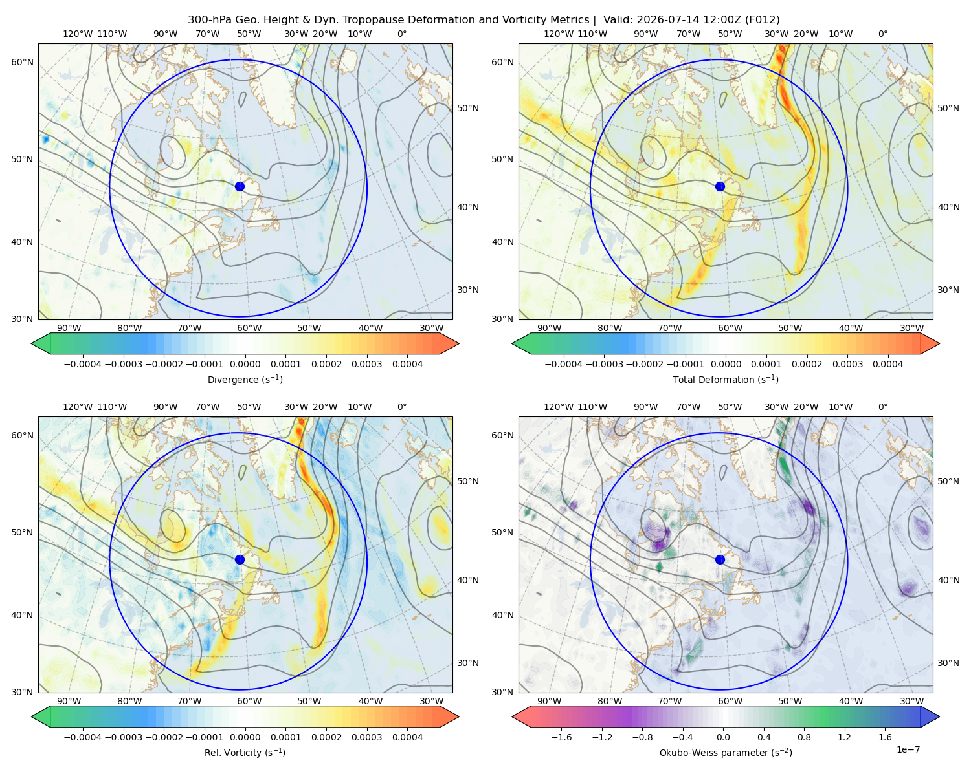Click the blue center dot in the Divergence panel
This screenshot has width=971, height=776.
point(240,186)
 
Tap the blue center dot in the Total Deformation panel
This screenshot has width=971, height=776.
point(720,186)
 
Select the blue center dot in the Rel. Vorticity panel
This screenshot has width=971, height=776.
point(240,559)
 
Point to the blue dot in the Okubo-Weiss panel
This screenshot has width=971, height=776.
point(720,559)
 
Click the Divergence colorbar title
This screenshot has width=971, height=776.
point(245,379)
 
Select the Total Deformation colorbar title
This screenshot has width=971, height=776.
point(726,379)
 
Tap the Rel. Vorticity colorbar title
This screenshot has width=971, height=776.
point(245,752)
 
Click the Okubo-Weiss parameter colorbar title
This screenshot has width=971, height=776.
point(726,752)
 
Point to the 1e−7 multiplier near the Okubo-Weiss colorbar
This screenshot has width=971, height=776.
point(908,749)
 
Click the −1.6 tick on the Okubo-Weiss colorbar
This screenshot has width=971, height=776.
point(561,737)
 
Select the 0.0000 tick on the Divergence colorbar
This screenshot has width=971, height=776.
point(245,364)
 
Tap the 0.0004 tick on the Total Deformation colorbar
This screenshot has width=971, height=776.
point(887,364)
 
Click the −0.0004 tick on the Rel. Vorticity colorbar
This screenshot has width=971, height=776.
point(83,737)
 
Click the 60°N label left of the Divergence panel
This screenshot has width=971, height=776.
point(22,62)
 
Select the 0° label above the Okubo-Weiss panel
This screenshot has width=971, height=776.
point(882,407)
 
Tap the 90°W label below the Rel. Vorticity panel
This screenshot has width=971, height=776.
point(69,701)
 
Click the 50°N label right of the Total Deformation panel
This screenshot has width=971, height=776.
point(948,108)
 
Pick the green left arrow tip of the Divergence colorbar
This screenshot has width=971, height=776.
point(32,343)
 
